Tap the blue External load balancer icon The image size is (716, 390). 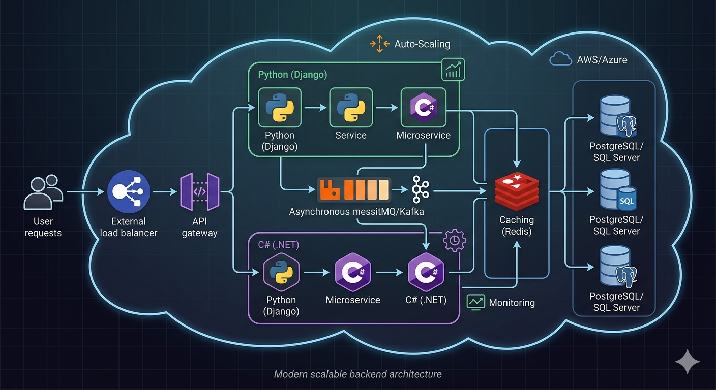(129, 192)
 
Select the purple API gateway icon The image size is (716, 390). (200, 192)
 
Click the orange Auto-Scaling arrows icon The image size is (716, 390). (379, 44)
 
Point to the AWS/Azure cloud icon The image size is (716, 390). (560, 59)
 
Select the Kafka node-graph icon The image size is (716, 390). (420, 191)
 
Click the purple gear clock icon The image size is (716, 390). (454, 240)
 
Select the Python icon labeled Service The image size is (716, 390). (351, 107)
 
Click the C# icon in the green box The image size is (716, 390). (423, 107)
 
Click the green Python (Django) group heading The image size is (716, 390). (292, 75)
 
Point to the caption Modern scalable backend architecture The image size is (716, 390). (357, 374)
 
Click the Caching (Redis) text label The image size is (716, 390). (516, 225)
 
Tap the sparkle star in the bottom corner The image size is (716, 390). (687, 361)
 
